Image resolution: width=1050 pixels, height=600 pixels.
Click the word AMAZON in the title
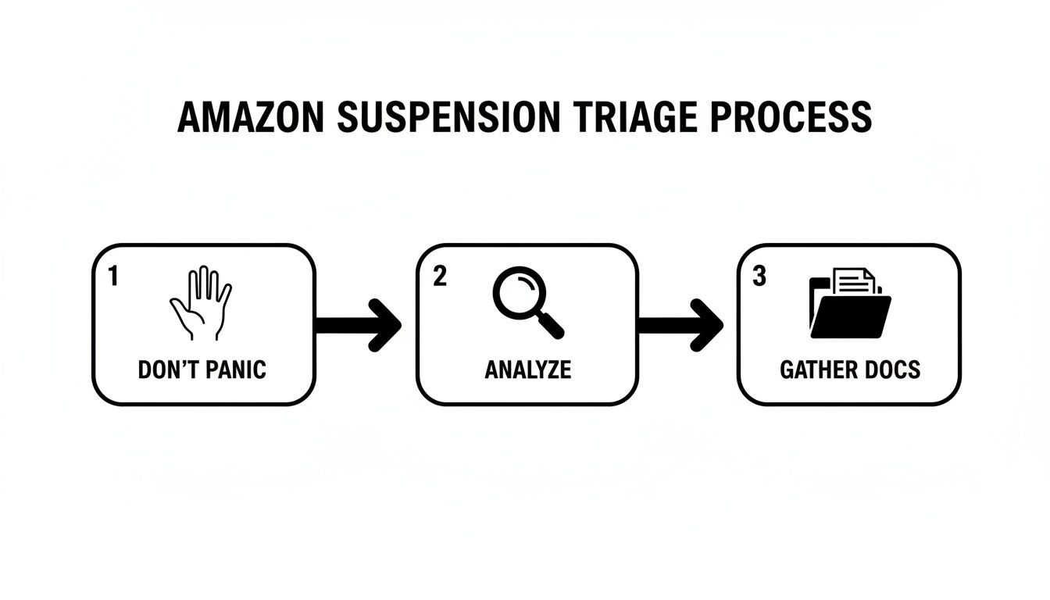point(251,117)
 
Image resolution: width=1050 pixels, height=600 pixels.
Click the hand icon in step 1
point(201,304)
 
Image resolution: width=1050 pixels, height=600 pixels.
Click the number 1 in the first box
point(113,276)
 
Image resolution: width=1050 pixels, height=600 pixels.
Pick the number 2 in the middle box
point(440,276)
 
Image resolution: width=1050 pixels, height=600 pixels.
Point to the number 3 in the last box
point(759,276)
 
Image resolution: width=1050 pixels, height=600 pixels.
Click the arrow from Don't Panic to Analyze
point(359,323)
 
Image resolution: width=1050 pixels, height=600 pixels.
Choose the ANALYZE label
point(527,370)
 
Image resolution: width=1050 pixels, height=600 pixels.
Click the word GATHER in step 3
point(817,370)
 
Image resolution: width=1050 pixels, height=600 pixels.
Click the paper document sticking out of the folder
point(855,280)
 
